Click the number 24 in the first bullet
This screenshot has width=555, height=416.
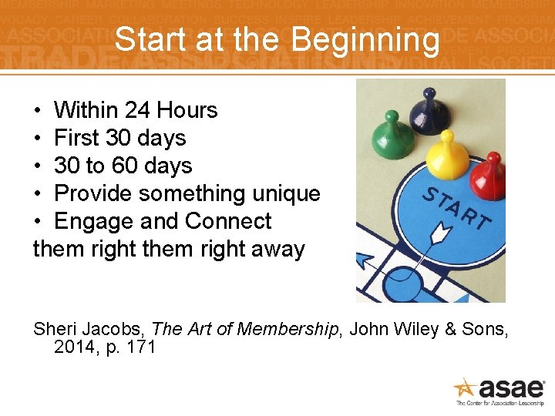[x=140, y=110]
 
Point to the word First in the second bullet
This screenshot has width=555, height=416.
[x=77, y=138]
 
